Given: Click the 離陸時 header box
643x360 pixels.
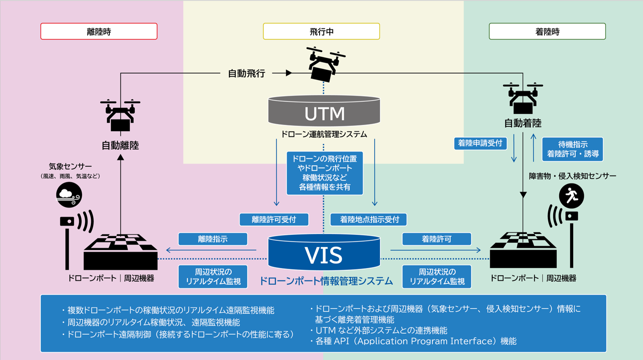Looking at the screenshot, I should [x=99, y=32].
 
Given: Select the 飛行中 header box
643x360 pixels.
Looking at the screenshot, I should [x=321, y=32].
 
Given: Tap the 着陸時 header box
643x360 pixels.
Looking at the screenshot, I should [x=547, y=32].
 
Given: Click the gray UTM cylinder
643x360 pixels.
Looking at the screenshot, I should [x=324, y=112].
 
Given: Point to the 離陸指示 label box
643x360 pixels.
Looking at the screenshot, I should [x=213, y=239].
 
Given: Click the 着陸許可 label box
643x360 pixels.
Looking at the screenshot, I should [x=436, y=239].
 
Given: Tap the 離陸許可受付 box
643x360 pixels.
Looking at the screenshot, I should [x=274, y=219].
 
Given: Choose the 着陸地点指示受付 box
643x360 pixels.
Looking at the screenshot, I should [x=369, y=219].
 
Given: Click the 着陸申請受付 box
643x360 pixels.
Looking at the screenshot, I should [x=480, y=143].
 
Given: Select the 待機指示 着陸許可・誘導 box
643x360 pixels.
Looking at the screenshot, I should [x=572, y=149].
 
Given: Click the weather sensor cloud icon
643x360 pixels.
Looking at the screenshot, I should [x=69, y=195].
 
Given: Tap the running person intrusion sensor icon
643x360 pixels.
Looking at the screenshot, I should [x=571, y=196].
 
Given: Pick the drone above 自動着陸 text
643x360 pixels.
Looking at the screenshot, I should [x=523, y=98].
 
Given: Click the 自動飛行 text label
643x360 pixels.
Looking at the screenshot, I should [x=246, y=73].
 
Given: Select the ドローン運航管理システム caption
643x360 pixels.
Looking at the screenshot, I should [x=324, y=134].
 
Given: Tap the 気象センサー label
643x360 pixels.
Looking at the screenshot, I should [x=70, y=166].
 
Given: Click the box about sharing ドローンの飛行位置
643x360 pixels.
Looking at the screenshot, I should [x=324, y=173].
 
